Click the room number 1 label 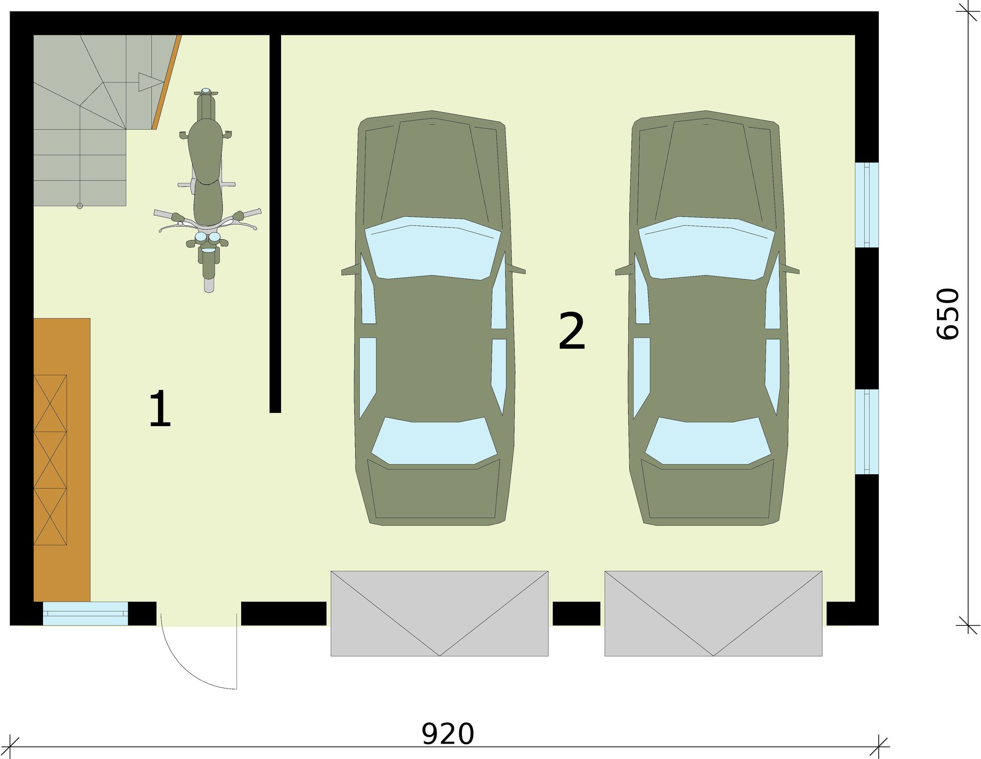click(x=160, y=408)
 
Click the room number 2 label click(x=572, y=331)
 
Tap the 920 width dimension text click(x=448, y=734)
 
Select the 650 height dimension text click(x=948, y=314)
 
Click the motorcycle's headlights click(x=207, y=238)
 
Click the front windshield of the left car click(x=432, y=248)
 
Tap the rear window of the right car click(x=708, y=441)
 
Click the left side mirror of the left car click(x=351, y=270)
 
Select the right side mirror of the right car click(x=790, y=269)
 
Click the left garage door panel click(x=439, y=613)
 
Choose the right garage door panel click(x=713, y=613)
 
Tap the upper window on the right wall click(x=867, y=204)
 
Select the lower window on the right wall click(x=867, y=432)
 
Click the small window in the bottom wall click(x=85, y=613)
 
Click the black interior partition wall click(x=275, y=223)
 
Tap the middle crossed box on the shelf click(x=50, y=459)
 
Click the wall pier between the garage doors click(x=576, y=613)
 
